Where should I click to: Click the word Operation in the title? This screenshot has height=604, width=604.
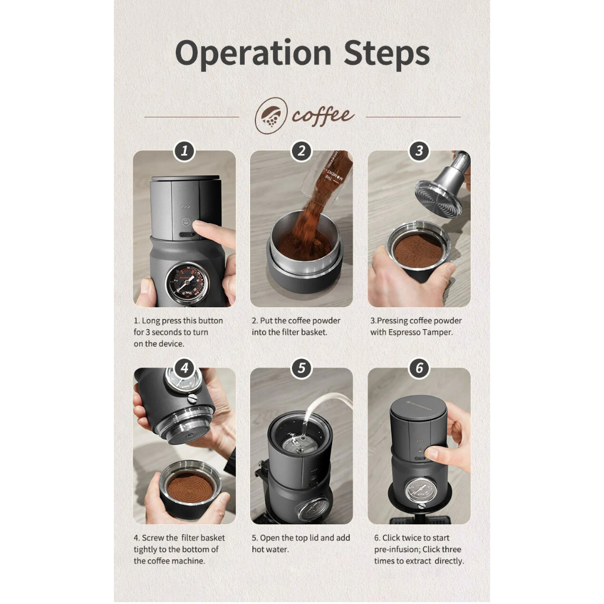pos(253,54)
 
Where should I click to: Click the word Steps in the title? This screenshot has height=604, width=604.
pos(386,54)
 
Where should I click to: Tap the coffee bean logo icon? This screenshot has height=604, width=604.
pos(271,116)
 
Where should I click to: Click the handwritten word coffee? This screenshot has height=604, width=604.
pos(323,116)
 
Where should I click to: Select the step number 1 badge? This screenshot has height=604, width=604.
pos(185,150)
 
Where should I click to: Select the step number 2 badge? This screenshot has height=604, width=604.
pos(301,150)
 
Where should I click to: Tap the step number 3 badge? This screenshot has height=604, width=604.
pos(419,150)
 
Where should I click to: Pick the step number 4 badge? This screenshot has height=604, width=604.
pos(185,368)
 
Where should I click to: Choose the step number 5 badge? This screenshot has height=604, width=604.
pos(301,368)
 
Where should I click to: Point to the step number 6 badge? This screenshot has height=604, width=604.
pos(419,368)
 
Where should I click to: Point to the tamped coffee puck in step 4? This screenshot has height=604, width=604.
pos(190,486)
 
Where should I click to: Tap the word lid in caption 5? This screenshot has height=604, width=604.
pos(313,538)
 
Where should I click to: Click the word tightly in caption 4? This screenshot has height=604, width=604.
pos(146,549)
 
